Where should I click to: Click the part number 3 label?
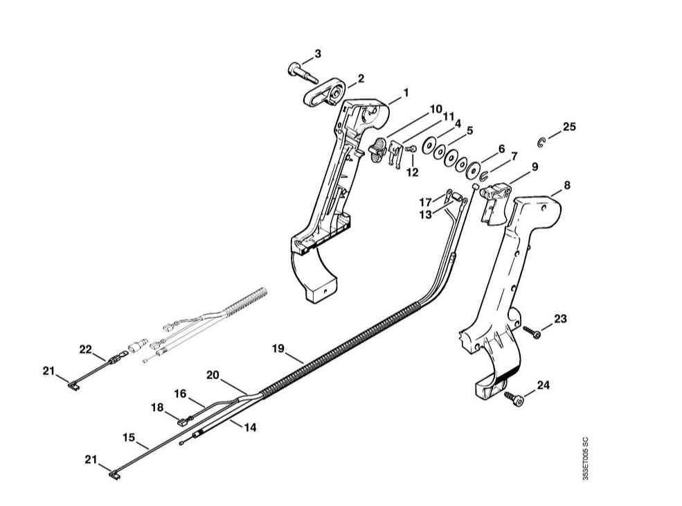click(317, 53)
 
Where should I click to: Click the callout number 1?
click(405, 91)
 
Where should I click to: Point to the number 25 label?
click(568, 127)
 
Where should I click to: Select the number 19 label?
click(277, 349)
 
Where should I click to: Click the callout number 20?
click(213, 374)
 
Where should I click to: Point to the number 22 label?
click(85, 349)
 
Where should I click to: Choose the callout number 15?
click(128, 437)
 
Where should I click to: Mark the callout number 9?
click(535, 166)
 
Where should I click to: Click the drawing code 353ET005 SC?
click(585, 458)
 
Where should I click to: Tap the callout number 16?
click(180, 394)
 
